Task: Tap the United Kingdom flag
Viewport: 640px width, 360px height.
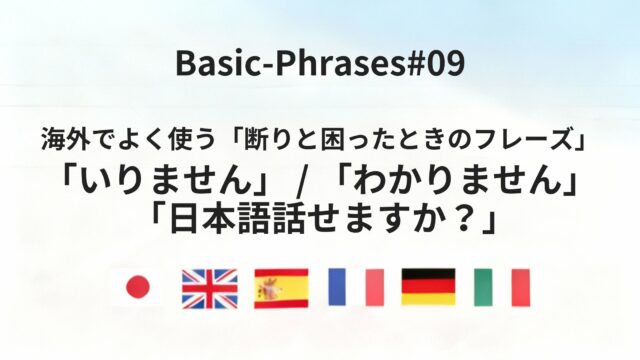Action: (x=209, y=288)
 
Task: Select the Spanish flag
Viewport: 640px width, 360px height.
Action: (x=282, y=288)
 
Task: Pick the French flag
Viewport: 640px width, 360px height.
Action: (x=356, y=288)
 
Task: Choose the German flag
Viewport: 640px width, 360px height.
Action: (x=429, y=288)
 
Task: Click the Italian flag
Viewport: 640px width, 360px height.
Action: (x=502, y=288)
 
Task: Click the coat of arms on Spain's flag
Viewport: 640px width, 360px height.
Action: (x=271, y=288)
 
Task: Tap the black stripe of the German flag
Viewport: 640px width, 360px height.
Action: (x=429, y=275)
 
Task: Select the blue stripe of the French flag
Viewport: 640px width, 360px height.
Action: (x=338, y=288)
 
